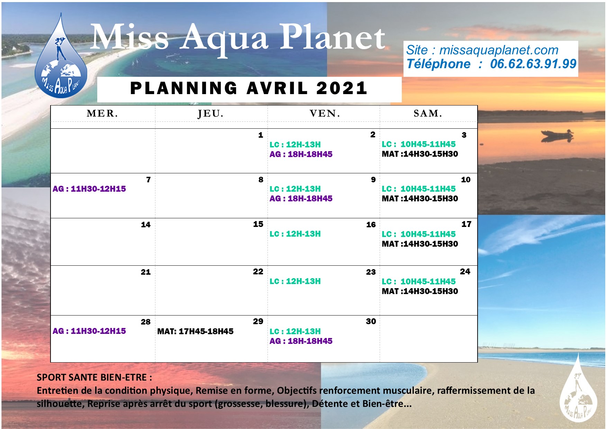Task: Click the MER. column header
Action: tap(102, 113)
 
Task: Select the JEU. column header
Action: tap(210, 114)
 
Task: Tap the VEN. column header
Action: tap(325, 113)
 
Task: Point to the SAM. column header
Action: tap(428, 113)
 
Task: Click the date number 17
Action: tap(466, 224)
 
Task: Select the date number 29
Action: tap(258, 321)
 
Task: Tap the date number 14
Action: tap(146, 225)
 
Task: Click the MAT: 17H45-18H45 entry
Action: tap(196, 331)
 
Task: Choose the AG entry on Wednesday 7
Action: tap(89, 189)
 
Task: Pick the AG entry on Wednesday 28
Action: tap(89, 331)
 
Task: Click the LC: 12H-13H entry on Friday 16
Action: tap(295, 234)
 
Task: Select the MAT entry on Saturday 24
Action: tap(420, 291)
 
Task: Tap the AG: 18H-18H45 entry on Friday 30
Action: tap(301, 341)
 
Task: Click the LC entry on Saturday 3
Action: tap(419, 144)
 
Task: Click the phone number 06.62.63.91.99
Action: tap(533, 64)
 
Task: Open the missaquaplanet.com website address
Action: tap(499, 50)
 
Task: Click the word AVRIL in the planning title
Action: tap(277, 88)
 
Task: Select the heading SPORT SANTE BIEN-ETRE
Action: tap(94, 377)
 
